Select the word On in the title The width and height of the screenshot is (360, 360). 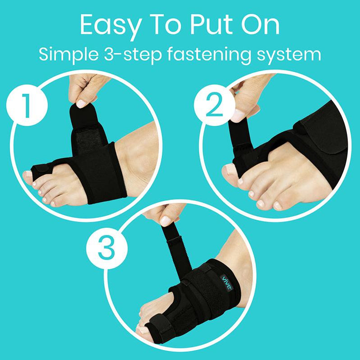click(260, 26)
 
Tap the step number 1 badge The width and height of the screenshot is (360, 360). click(27, 107)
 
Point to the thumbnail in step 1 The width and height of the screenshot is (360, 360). click(82, 103)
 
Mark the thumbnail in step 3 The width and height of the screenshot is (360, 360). click(166, 221)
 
